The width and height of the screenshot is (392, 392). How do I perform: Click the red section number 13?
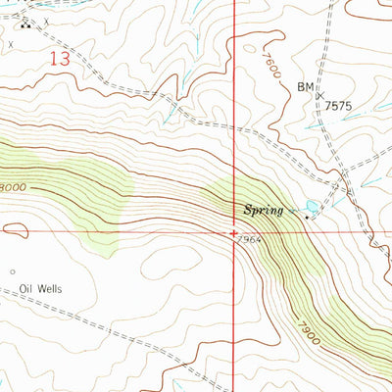60,60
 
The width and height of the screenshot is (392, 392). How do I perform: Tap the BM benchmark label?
305,87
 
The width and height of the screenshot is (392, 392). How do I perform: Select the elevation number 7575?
337,105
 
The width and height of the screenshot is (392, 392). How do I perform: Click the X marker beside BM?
319,95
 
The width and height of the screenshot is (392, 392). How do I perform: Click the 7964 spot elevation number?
249,242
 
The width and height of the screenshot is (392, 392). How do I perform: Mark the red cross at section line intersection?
233,233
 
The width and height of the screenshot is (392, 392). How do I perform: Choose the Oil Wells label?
39,289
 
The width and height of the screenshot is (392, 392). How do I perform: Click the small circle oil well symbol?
14,271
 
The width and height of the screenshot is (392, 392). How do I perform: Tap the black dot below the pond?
306,218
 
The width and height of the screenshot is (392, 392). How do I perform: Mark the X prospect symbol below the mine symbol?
12,44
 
